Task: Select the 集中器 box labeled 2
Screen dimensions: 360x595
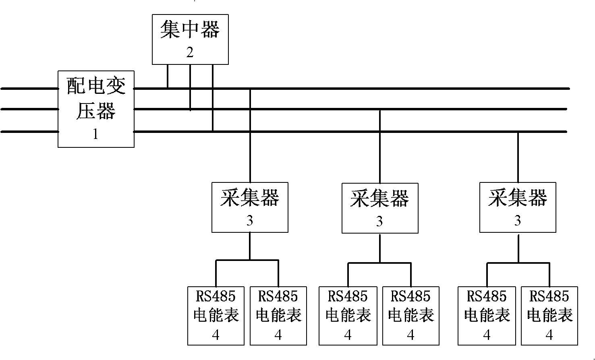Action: click(190, 39)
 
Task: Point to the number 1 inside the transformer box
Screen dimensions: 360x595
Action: click(95, 134)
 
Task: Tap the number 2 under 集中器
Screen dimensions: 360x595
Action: click(190, 52)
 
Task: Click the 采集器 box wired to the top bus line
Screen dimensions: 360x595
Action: click(250, 207)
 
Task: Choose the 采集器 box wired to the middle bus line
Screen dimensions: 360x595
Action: click(380, 208)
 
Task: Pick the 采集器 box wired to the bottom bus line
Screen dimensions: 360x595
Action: click(518, 207)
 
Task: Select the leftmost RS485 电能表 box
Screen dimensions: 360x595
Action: click(216, 316)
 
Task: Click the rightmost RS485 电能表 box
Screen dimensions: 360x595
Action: click(549, 316)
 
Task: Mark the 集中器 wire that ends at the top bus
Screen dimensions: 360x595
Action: click(168, 76)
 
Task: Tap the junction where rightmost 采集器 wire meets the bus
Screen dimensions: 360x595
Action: click(518, 132)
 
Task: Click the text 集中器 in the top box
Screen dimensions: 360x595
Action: click(190, 31)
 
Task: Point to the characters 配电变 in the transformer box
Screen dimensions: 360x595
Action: click(96, 86)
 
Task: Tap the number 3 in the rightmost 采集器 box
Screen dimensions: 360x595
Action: click(518, 221)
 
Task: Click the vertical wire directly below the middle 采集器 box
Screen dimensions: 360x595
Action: click(380, 248)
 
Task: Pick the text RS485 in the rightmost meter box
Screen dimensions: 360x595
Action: click(549, 297)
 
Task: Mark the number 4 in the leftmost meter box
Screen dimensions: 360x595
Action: click(216, 335)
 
